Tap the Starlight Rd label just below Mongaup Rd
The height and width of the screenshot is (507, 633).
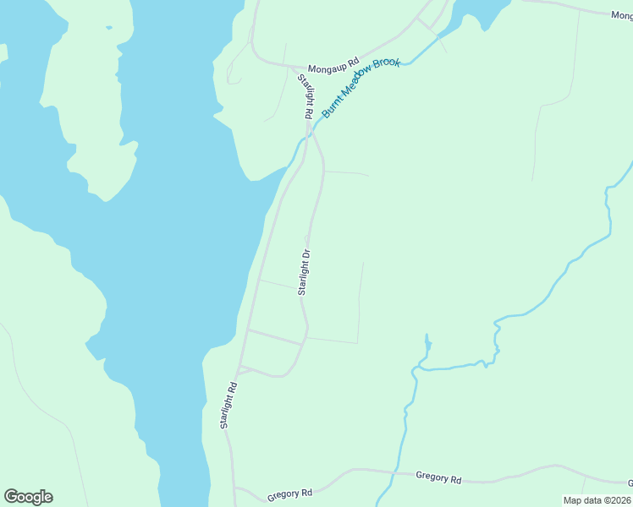[305, 96]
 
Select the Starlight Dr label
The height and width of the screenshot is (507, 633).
[305, 271]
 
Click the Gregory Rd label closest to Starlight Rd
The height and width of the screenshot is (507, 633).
[289, 493]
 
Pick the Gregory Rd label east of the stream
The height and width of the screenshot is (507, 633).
[438, 478]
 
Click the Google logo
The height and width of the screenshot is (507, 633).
[28, 497]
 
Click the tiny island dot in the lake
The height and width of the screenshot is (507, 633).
[108, 27]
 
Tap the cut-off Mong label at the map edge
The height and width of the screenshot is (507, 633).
[622, 14]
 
